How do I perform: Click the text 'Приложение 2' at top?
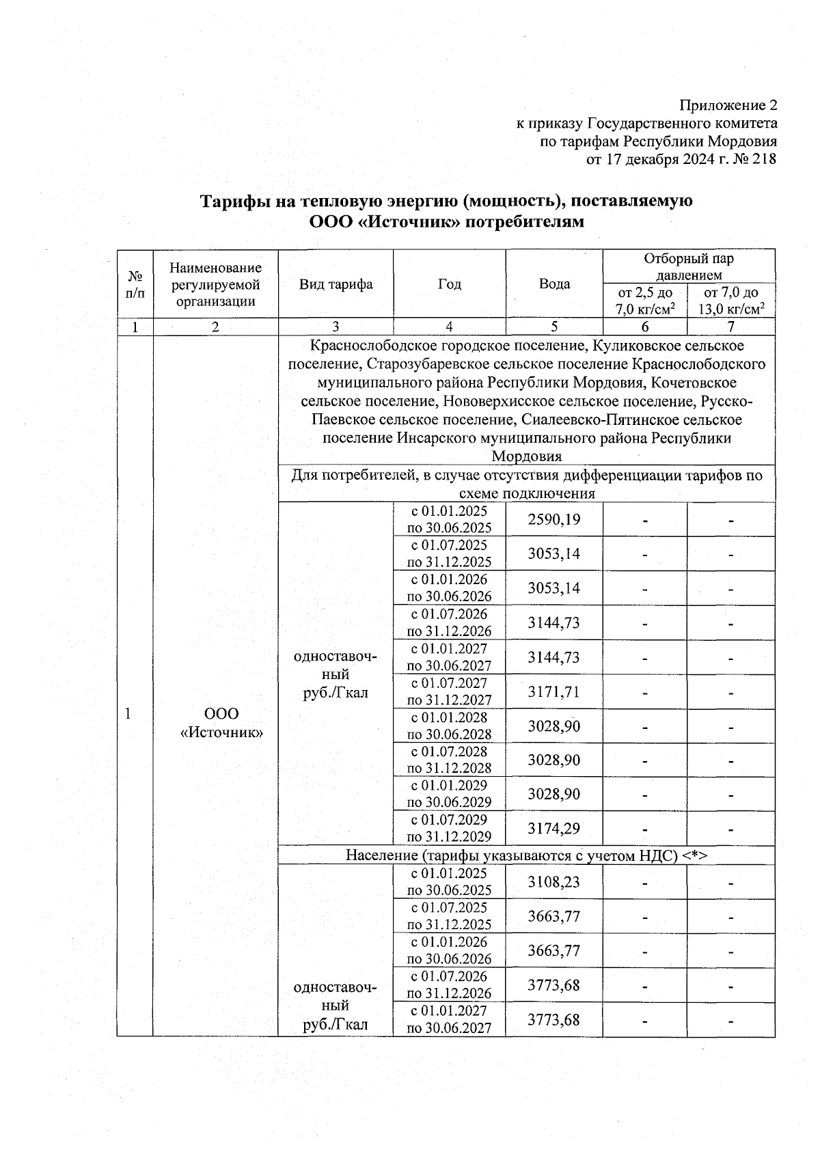(728, 106)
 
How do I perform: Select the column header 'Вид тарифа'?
(336, 284)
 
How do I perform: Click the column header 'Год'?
(449, 284)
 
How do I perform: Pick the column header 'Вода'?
(554, 284)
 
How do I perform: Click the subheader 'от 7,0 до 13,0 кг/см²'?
(730, 301)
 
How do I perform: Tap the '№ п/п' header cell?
(135, 284)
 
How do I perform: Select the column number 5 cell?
(554, 327)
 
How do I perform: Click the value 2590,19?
(553, 520)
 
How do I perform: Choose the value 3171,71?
(553, 691)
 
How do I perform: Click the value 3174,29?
(553, 828)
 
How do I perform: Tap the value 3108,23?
(553, 882)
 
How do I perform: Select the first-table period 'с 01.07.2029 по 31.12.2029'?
(449, 828)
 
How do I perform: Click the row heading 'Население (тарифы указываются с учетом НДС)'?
(526, 855)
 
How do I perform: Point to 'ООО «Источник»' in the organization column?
(222, 723)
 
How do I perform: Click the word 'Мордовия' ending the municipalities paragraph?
(526, 456)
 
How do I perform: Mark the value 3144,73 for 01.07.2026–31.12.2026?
(553, 622)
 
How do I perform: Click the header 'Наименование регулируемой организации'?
(215, 284)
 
